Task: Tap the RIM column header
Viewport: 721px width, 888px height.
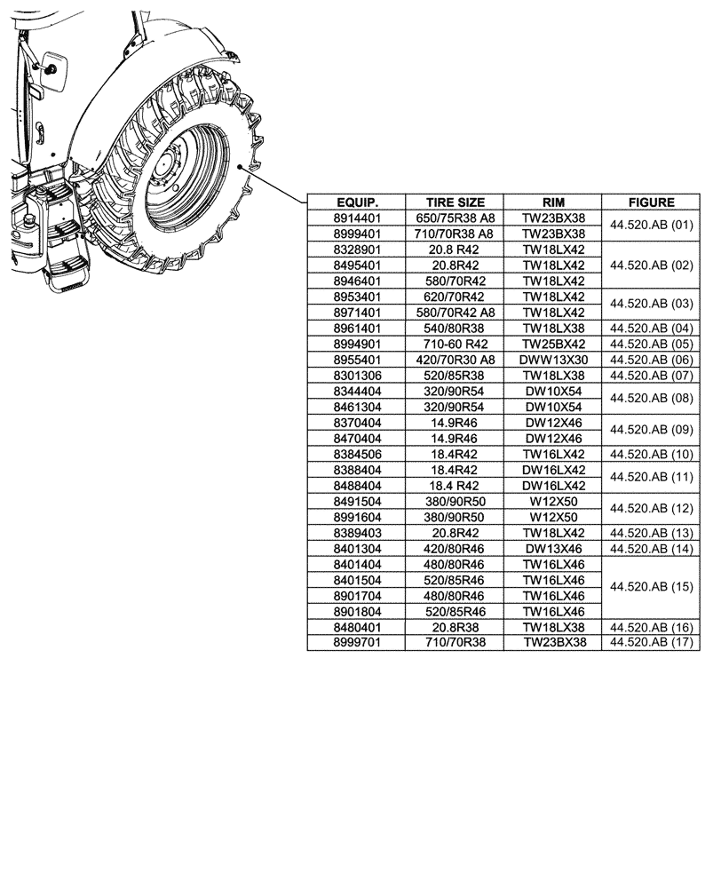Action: click(x=553, y=202)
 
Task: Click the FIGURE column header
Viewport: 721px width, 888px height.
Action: click(x=651, y=202)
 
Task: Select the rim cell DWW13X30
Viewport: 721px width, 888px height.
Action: click(x=553, y=360)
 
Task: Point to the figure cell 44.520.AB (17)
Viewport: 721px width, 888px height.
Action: click(x=651, y=642)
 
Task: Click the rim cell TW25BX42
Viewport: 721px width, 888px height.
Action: click(x=553, y=344)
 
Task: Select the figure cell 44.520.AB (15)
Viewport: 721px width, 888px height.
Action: click(x=651, y=587)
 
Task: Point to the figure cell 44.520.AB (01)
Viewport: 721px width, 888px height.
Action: click(x=651, y=226)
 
